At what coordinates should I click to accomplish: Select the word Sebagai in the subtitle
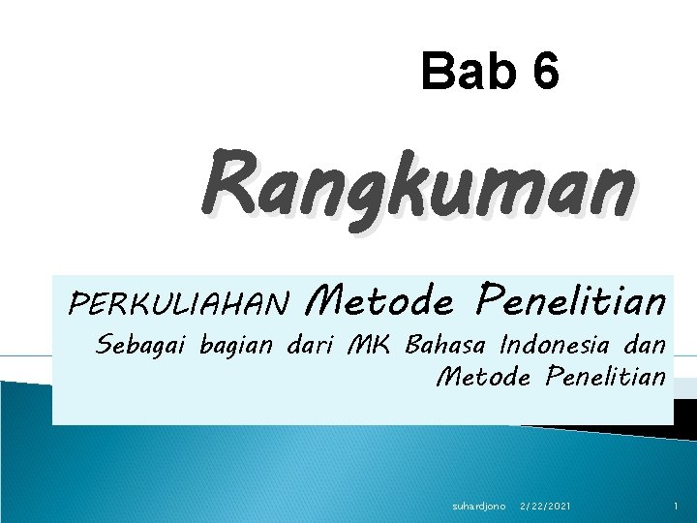pyautogui.click(x=142, y=345)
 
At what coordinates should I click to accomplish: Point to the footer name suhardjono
pyautogui.click(x=479, y=507)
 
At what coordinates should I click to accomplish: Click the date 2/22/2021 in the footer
pyautogui.click(x=545, y=507)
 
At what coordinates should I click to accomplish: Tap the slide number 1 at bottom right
pyautogui.click(x=674, y=507)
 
